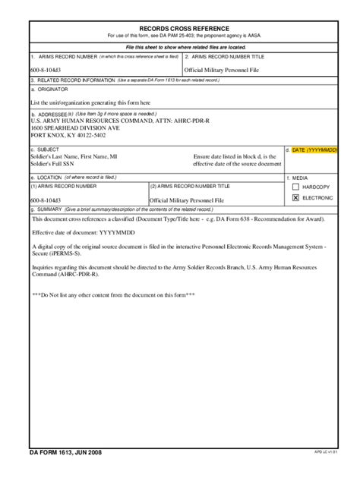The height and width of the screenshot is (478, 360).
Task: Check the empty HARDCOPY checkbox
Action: click(x=296, y=187)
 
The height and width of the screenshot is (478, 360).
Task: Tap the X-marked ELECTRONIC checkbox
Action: click(x=296, y=198)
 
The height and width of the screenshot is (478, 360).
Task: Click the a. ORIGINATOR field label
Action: click(x=49, y=89)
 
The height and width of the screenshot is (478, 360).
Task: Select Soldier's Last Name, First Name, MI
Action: click(x=74, y=157)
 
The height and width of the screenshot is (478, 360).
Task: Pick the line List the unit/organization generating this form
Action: click(x=90, y=102)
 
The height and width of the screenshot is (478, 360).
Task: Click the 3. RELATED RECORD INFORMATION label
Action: click(x=73, y=79)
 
